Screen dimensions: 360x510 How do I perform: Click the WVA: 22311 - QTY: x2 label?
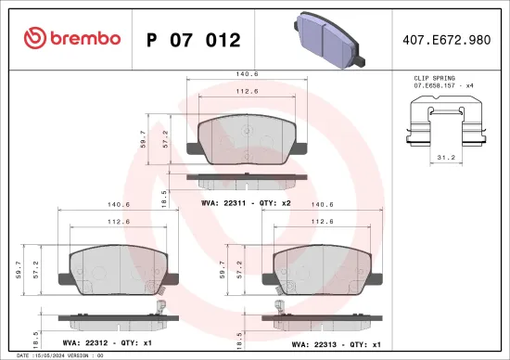pyautogui.click(x=247, y=200)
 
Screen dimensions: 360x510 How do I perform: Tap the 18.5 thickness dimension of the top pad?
pyautogui.click(x=164, y=196)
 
